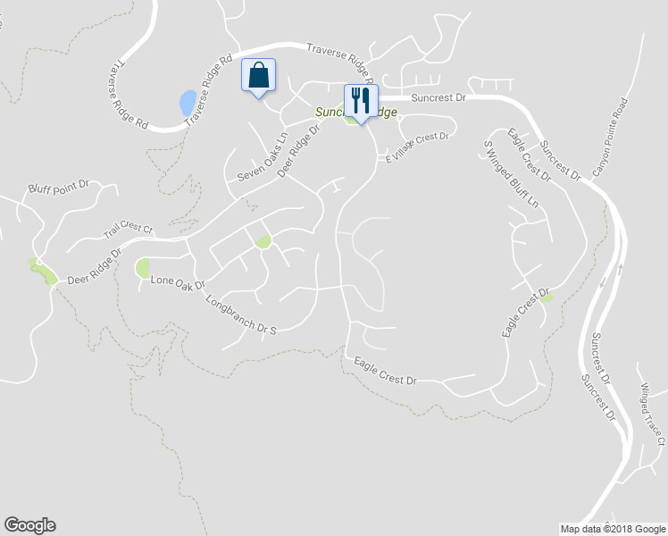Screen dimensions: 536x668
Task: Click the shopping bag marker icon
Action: pyautogui.click(x=258, y=76)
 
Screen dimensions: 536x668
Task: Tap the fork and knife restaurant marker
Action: pyautogui.click(x=360, y=100)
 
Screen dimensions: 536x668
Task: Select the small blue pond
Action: pyautogui.click(x=188, y=104)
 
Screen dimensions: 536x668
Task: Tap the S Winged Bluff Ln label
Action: pyautogui.click(x=511, y=174)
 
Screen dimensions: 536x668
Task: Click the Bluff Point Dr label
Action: pyautogui.click(x=59, y=188)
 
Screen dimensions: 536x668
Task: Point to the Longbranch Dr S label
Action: pyautogui.click(x=241, y=315)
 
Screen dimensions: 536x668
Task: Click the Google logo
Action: pyautogui.click(x=29, y=525)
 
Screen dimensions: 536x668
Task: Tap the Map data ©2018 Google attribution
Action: pyautogui.click(x=612, y=529)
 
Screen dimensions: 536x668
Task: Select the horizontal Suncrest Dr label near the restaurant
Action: pyautogui.click(x=438, y=100)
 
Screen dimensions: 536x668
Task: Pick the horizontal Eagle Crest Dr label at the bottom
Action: pyautogui.click(x=385, y=373)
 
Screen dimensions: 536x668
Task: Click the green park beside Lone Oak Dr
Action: pyautogui.click(x=143, y=267)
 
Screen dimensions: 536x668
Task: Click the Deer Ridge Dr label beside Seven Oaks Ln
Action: pyautogui.click(x=299, y=150)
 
